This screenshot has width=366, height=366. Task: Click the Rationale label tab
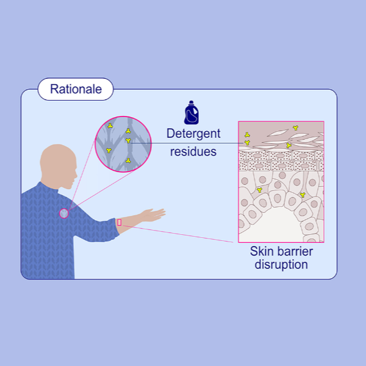click(76, 90)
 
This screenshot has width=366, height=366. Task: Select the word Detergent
click(193, 133)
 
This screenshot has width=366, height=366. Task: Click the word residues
click(193, 151)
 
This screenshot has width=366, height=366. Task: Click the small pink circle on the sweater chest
click(64, 213)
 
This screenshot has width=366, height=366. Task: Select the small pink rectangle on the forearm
click(120, 223)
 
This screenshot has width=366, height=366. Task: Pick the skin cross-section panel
click(281, 181)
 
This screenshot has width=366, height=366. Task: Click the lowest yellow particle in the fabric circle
click(127, 160)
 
